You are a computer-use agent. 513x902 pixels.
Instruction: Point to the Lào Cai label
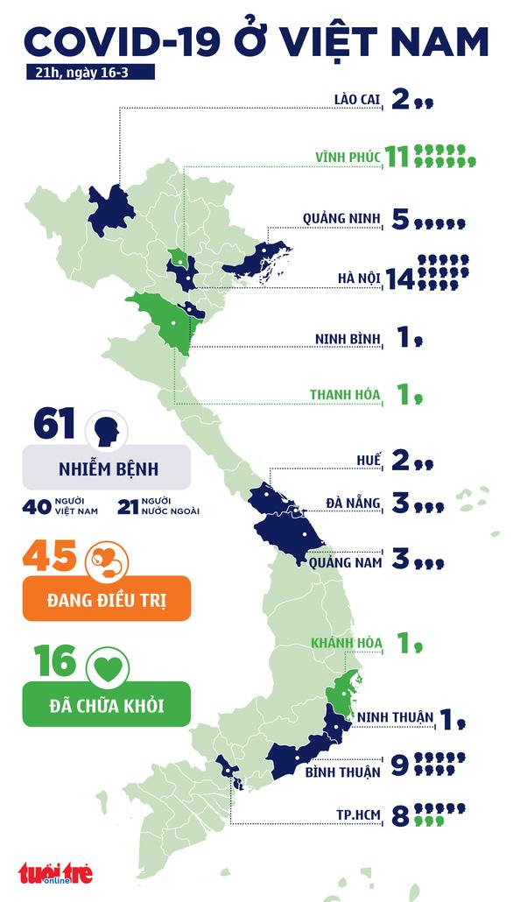358,102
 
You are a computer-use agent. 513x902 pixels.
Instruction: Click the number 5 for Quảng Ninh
400,220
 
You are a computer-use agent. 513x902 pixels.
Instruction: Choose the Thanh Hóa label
345,395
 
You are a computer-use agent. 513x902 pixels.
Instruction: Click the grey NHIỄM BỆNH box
105,467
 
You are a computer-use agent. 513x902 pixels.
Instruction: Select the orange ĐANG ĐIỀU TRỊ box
105,599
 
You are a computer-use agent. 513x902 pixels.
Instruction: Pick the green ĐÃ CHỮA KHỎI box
105,704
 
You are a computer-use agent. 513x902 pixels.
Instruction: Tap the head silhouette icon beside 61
107,429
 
